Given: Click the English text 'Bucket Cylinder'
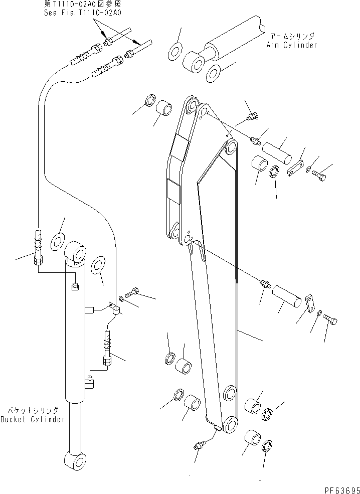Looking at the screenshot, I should coord(33,419).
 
